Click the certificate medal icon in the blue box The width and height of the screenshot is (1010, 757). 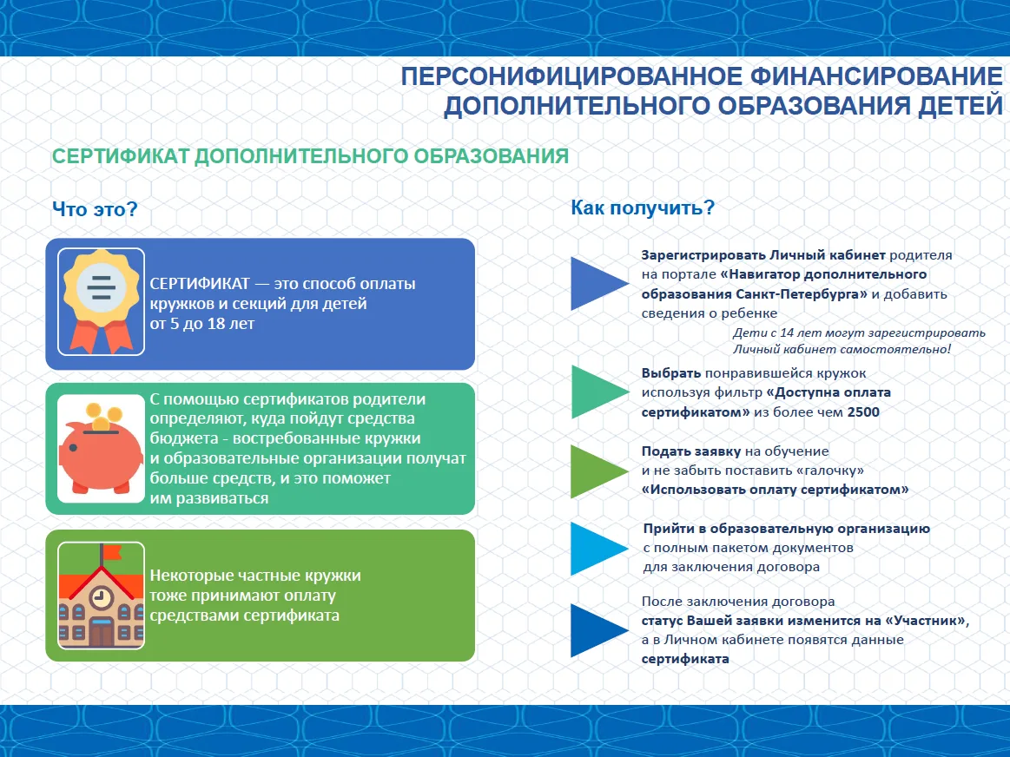101,300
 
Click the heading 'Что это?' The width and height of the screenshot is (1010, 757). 95,209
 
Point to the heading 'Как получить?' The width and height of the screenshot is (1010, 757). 643,207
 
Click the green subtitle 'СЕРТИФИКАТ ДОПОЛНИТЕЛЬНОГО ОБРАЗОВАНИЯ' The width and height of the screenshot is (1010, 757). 310,156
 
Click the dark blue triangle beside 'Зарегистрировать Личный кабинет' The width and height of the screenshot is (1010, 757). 595,284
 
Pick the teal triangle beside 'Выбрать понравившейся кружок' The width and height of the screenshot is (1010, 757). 595,392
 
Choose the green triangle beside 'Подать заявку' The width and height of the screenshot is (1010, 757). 595,471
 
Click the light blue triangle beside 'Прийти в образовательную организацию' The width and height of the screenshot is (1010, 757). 595,548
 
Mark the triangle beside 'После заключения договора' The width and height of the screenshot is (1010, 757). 595,630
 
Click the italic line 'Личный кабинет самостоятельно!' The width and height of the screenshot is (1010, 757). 842,349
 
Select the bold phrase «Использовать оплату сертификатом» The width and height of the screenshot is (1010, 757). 775,490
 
